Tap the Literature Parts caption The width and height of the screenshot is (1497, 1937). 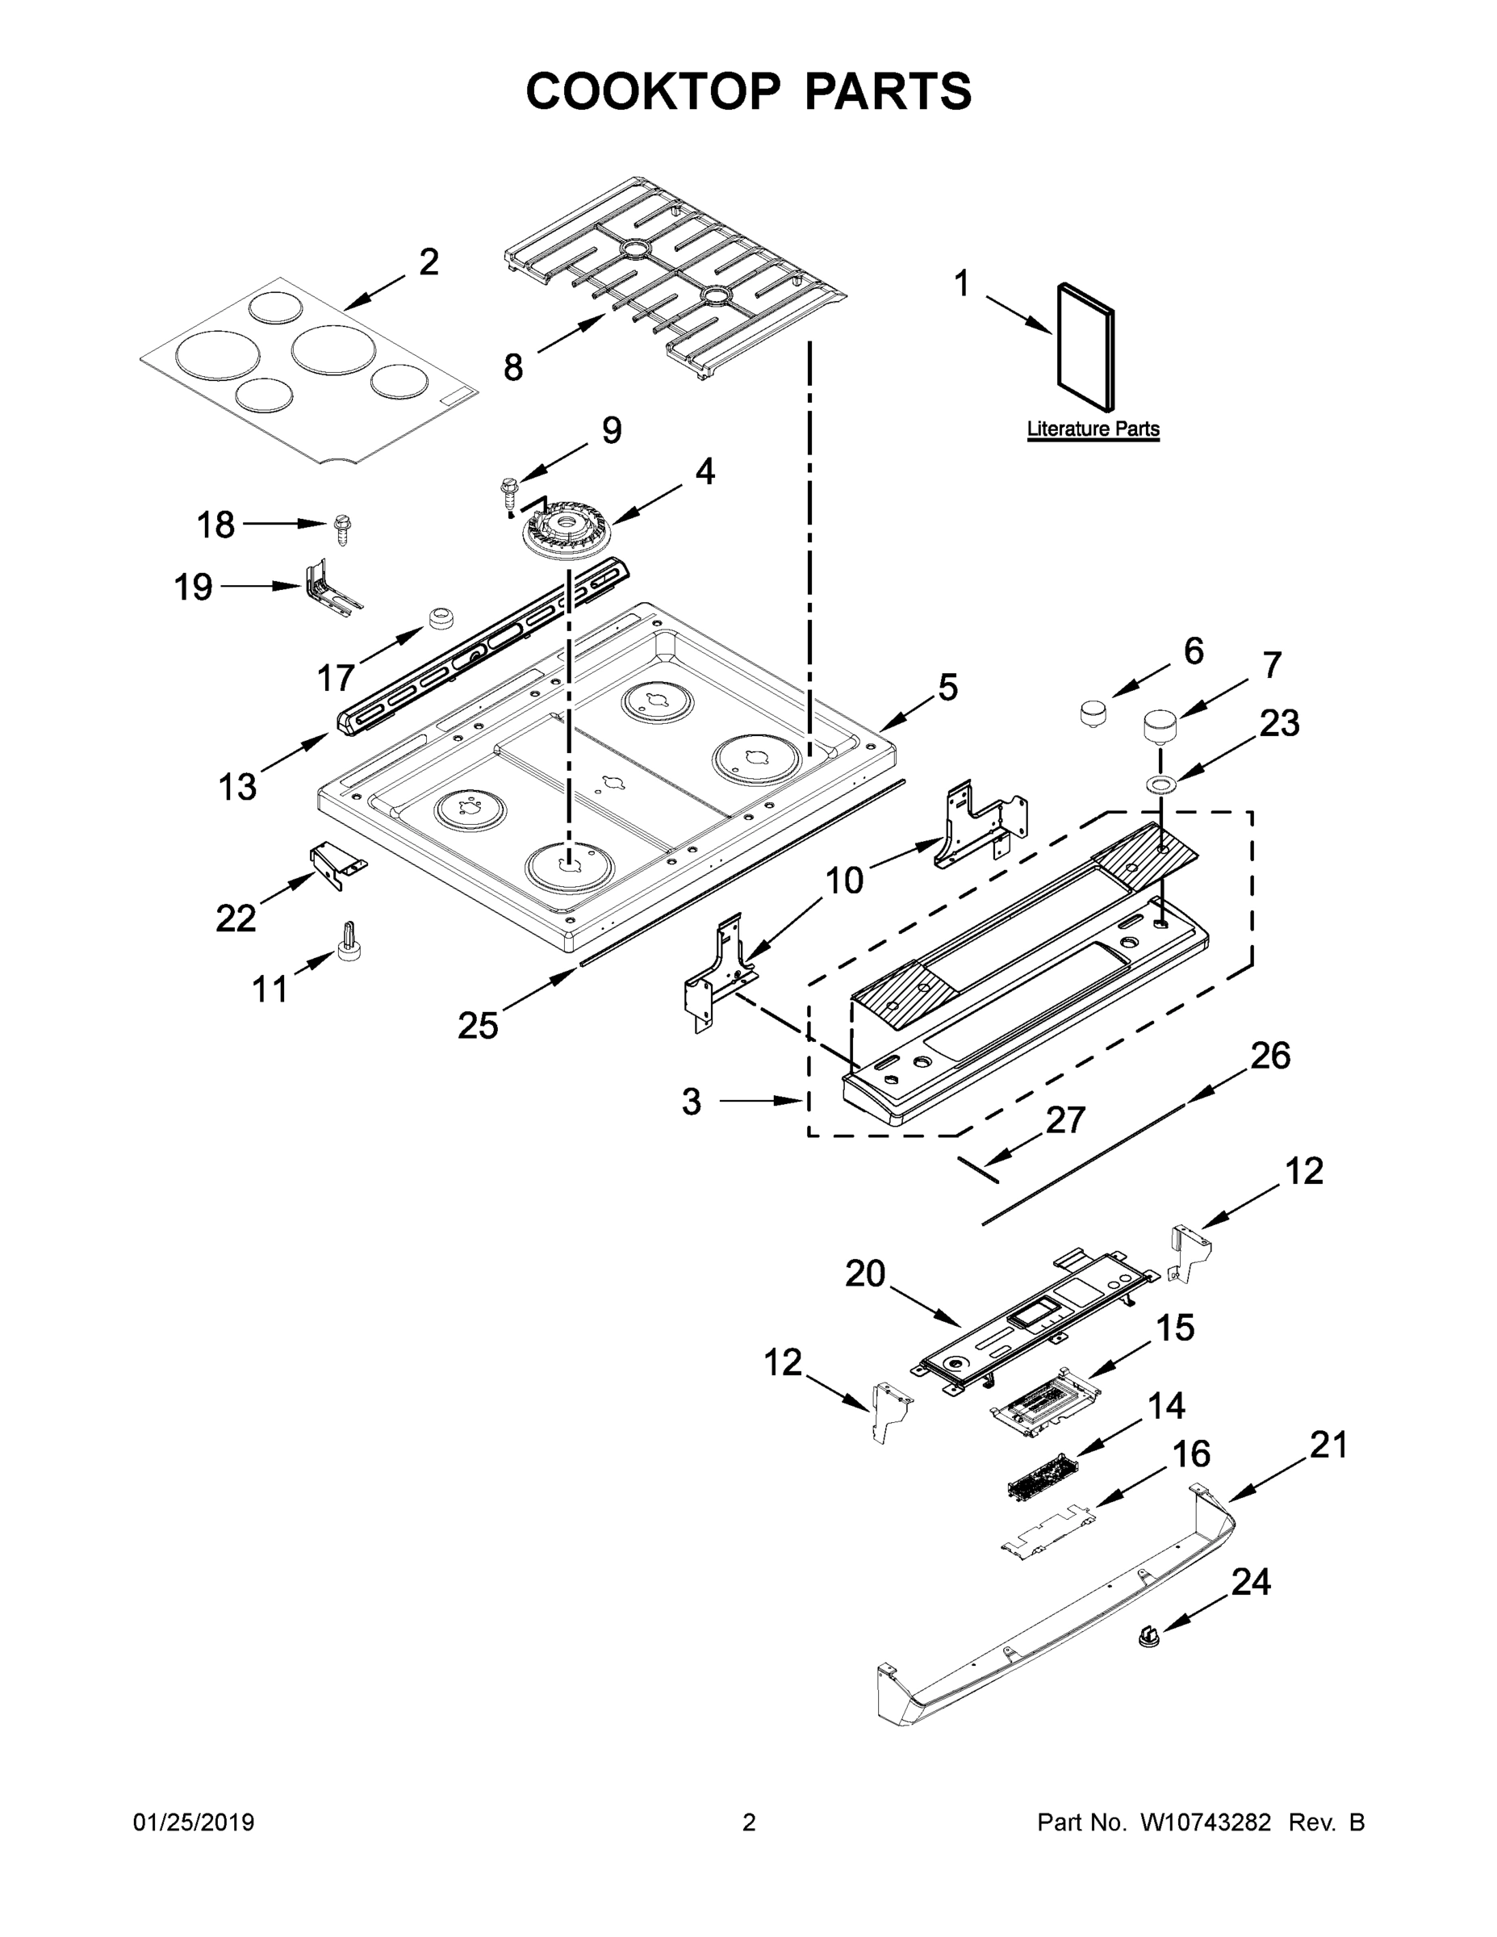[x=1093, y=429]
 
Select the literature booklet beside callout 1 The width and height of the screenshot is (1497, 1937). [x=1085, y=347]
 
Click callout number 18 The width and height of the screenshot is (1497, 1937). [x=215, y=525]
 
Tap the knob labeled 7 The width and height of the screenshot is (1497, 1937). [x=1159, y=726]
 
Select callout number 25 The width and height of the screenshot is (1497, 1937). [x=478, y=1025]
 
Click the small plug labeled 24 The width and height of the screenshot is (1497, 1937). [x=1149, y=1635]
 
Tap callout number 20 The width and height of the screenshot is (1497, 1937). [x=864, y=1274]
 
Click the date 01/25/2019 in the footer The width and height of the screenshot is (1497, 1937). [x=194, y=1822]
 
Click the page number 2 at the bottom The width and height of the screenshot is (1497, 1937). [x=749, y=1822]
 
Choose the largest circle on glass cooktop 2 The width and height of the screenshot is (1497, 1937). [x=217, y=356]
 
